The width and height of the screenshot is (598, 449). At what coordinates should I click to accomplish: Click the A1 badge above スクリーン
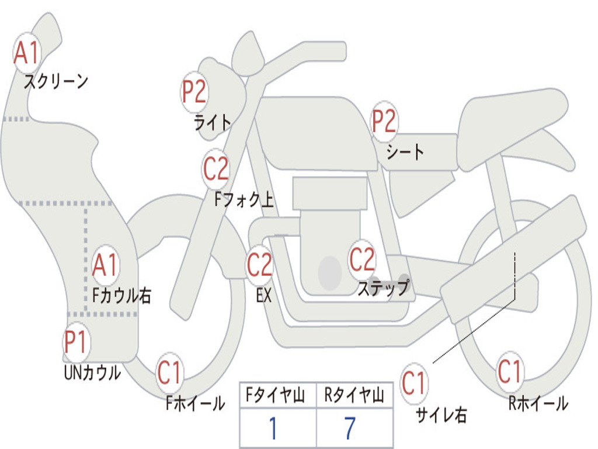coord(27,53)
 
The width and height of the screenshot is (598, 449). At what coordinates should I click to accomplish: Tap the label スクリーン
coord(56,81)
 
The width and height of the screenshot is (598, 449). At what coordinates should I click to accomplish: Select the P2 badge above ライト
coord(194,92)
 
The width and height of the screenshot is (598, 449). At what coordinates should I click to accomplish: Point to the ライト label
coord(213,123)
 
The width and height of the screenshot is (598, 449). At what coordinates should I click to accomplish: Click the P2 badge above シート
coord(384,121)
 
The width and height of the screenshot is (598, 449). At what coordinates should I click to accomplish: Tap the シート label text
coord(405,151)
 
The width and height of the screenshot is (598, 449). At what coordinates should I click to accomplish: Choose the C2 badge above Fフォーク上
coord(216,169)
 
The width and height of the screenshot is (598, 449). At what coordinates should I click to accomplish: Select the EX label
coord(264,295)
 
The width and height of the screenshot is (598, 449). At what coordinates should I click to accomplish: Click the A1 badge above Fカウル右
coord(105,265)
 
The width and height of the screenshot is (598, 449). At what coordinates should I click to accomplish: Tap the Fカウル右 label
coord(121,295)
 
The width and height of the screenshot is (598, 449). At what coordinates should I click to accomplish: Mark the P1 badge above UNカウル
coord(77,342)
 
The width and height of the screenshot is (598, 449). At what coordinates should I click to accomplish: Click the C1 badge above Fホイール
coord(169,372)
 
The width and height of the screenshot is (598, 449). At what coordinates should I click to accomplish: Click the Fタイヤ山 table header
coord(276,395)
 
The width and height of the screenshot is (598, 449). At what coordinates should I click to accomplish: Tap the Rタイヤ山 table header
coord(354,395)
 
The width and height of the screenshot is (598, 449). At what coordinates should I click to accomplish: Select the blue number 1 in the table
coord(273,428)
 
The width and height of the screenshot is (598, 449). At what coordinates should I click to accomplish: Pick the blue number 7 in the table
coord(350,428)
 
